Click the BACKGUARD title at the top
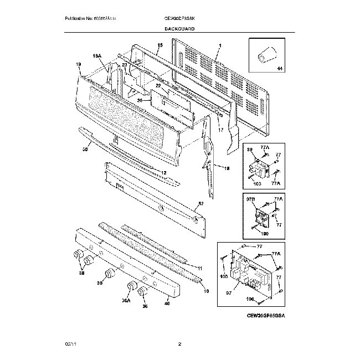pos(179,28)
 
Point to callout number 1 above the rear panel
pos(219,45)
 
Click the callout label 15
pos(160,45)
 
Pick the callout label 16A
pos(97,56)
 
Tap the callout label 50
pos(85,149)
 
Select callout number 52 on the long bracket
pos(200,204)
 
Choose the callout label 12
pos(163,173)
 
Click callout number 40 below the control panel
pos(167,302)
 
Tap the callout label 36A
pos(126,301)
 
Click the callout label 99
pos(249,150)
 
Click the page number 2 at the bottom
pos(180,344)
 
